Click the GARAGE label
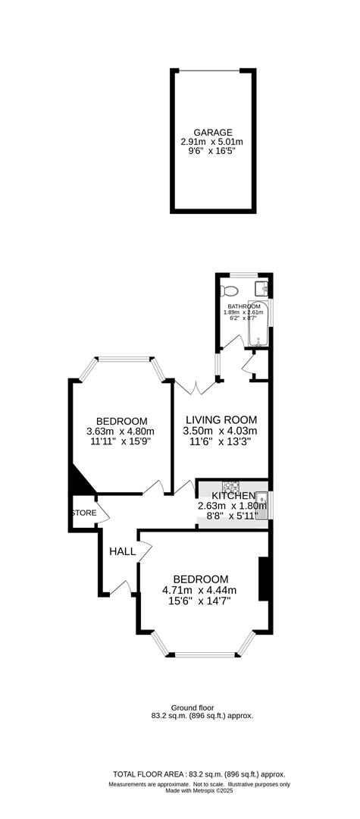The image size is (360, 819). tap(211, 132)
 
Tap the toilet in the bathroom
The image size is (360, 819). tap(230, 291)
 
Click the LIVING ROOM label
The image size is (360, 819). tap(221, 419)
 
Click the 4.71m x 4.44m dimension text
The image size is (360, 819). tap(199, 590)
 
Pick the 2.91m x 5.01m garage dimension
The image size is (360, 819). tap(211, 142)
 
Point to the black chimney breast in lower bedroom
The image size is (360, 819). tap(264, 579)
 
